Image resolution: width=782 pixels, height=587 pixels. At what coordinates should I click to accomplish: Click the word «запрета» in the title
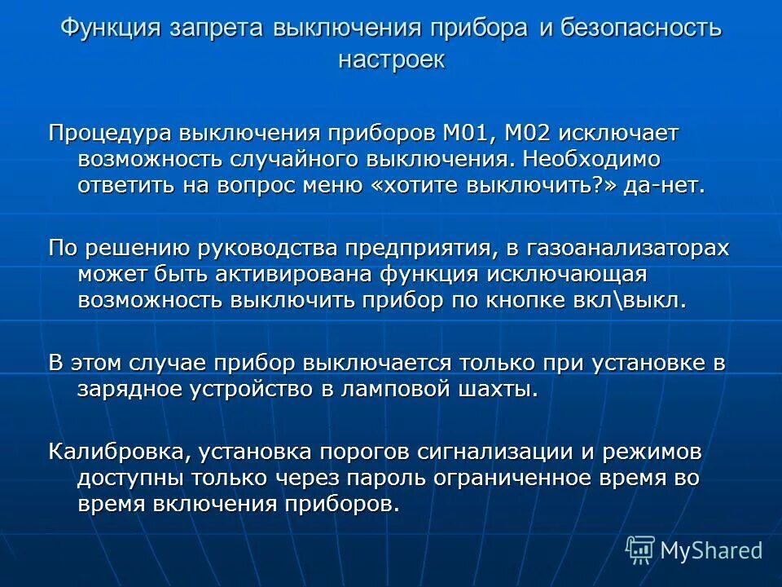[x=217, y=29]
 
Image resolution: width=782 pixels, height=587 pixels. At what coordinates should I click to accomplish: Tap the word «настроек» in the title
[x=391, y=60]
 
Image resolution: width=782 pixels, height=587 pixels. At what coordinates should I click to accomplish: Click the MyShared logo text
[x=710, y=550]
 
